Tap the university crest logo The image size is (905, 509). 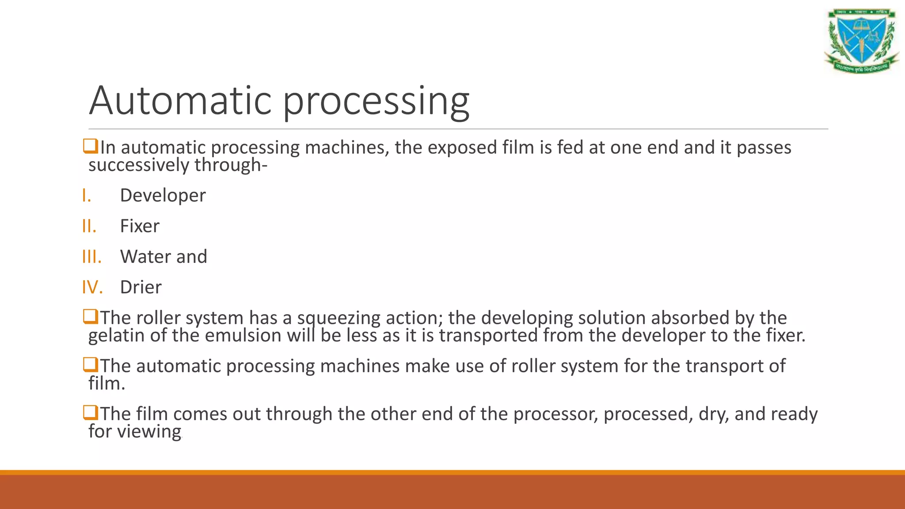[861, 41]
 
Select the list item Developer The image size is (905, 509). [163, 196]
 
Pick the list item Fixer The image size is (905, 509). [140, 226]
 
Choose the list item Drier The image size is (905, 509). [141, 288]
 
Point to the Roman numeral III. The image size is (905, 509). [91, 257]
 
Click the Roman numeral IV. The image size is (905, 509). [92, 288]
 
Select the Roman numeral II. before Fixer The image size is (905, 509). [89, 226]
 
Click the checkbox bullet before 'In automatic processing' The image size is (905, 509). [91, 146]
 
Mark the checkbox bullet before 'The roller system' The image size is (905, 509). [91, 317]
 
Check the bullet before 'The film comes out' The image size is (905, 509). [91, 413]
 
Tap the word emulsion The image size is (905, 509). [243, 335]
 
